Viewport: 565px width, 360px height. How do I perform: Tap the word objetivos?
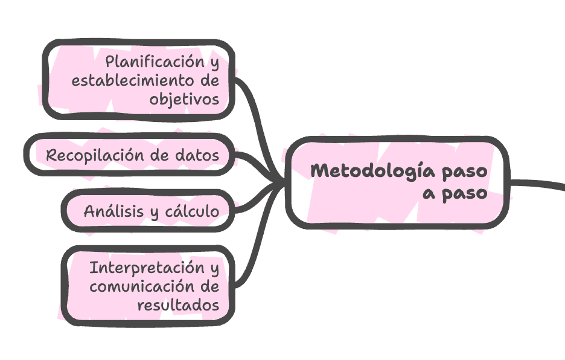[x=185, y=100]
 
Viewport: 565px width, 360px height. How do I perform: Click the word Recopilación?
[x=95, y=155]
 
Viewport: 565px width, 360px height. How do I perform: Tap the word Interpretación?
[x=143, y=267]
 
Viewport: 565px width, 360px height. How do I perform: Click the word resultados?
[x=178, y=305]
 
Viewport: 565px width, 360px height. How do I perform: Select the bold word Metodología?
[x=367, y=171]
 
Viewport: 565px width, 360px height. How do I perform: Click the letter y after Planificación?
[x=214, y=63]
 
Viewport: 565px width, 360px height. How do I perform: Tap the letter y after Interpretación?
[x=214, y=269]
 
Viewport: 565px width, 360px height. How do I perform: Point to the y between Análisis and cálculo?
[x=154, y=213]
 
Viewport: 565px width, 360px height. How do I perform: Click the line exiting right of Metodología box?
[x=537, y=183]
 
